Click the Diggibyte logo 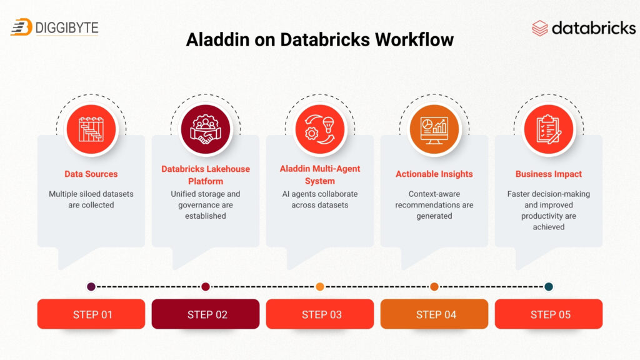pos(55,27)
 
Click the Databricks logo pos(584,28)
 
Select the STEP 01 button pos(91,314)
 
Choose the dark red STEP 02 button pos(206,314)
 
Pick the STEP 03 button pos(320,314)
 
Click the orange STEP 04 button pos(434,314)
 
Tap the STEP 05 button pos(549,314)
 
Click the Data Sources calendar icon pos(91,129)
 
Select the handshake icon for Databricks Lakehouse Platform pos(206,129)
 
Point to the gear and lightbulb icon pos(320,129)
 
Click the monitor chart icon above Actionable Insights pos(434,129)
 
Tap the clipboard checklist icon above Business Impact pos(549,129)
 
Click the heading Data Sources pos(91,174)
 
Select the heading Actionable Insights pos(434,174)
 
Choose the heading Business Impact pos(549,174)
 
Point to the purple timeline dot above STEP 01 pos(91,287)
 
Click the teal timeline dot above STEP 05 pos(549,287)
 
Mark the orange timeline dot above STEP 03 pos(320,287)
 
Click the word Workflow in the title pos(414,40)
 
